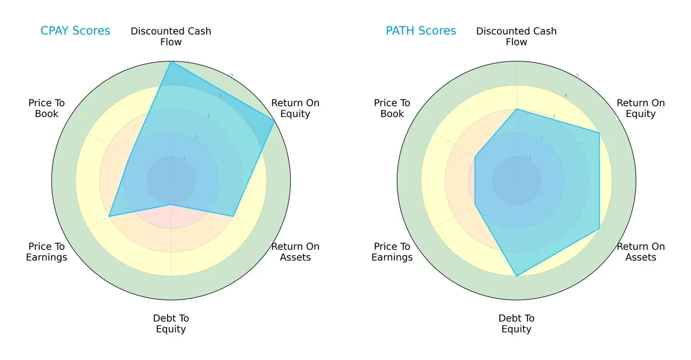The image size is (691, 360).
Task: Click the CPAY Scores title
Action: (75, 31)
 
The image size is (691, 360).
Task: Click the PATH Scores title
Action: (420, 31)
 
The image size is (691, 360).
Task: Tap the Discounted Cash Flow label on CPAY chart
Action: (171, 36)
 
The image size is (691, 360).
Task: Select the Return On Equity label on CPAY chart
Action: (295, 108)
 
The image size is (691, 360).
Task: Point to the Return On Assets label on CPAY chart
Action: (295, 252)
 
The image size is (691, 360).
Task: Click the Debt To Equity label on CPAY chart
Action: (171, 324)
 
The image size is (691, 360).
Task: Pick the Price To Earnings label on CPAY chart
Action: (47, 252)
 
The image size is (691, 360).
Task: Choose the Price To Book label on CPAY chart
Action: (47, 108)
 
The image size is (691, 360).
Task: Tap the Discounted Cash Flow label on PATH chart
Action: (517, 36)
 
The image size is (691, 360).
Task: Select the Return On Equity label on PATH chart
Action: (641, 108)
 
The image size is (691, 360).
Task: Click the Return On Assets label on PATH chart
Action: (641, 252)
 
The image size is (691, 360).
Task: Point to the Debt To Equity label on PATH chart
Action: (517, 324)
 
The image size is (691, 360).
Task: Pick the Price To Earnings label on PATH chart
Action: (392, 252)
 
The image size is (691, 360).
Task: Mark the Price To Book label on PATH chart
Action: (392, 108)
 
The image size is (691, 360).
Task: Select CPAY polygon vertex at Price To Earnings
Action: (109, 217)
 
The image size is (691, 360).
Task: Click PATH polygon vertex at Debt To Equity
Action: (517, 276)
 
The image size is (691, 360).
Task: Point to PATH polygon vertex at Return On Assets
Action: (599, 229)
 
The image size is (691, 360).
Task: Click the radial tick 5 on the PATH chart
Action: (578, 75)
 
